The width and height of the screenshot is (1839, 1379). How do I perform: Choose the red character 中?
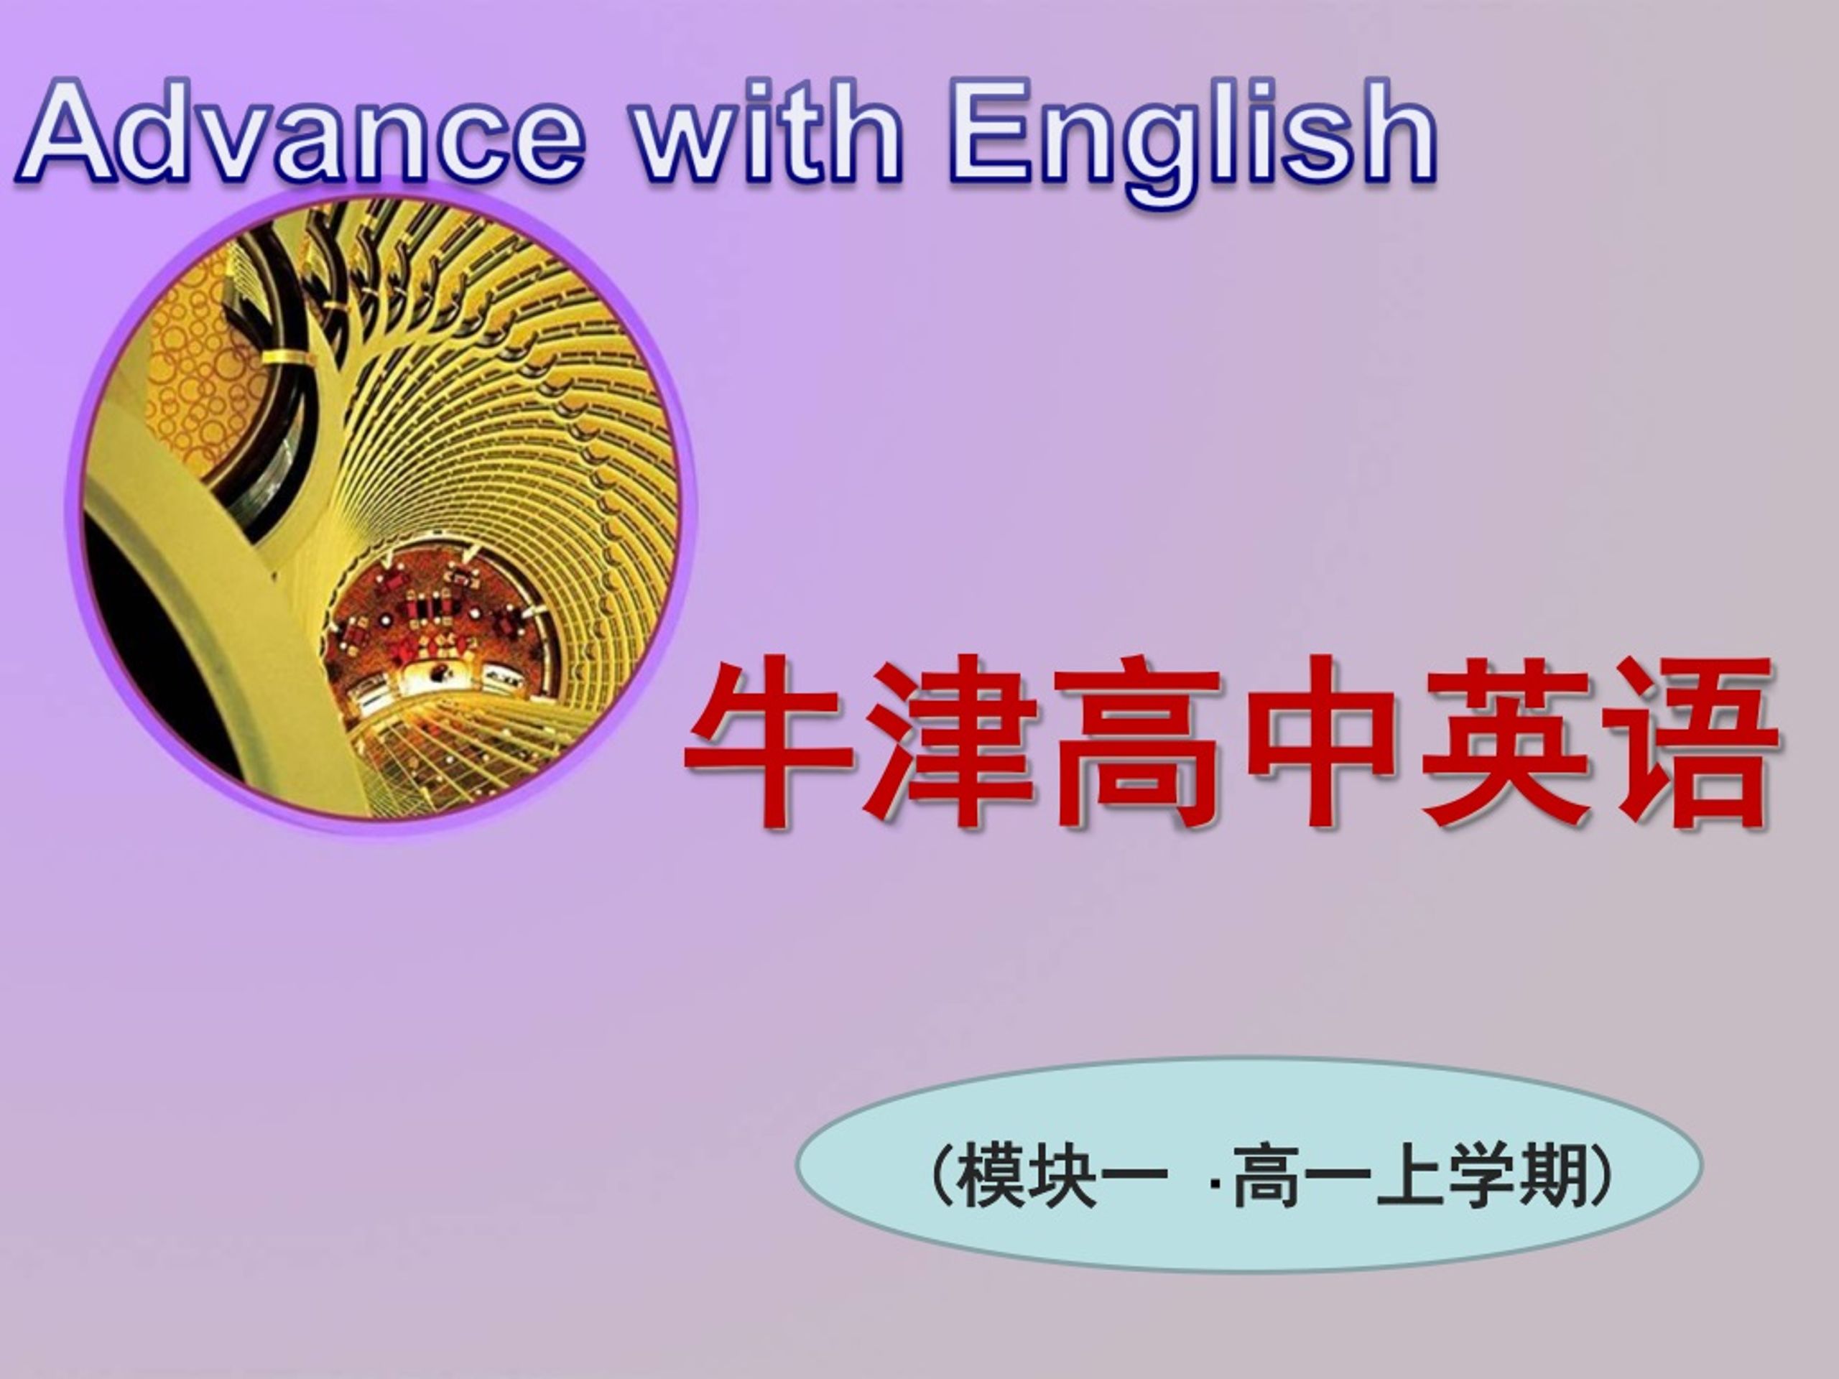point(1322,743)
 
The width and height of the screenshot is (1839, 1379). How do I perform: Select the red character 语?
point(1691,743)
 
